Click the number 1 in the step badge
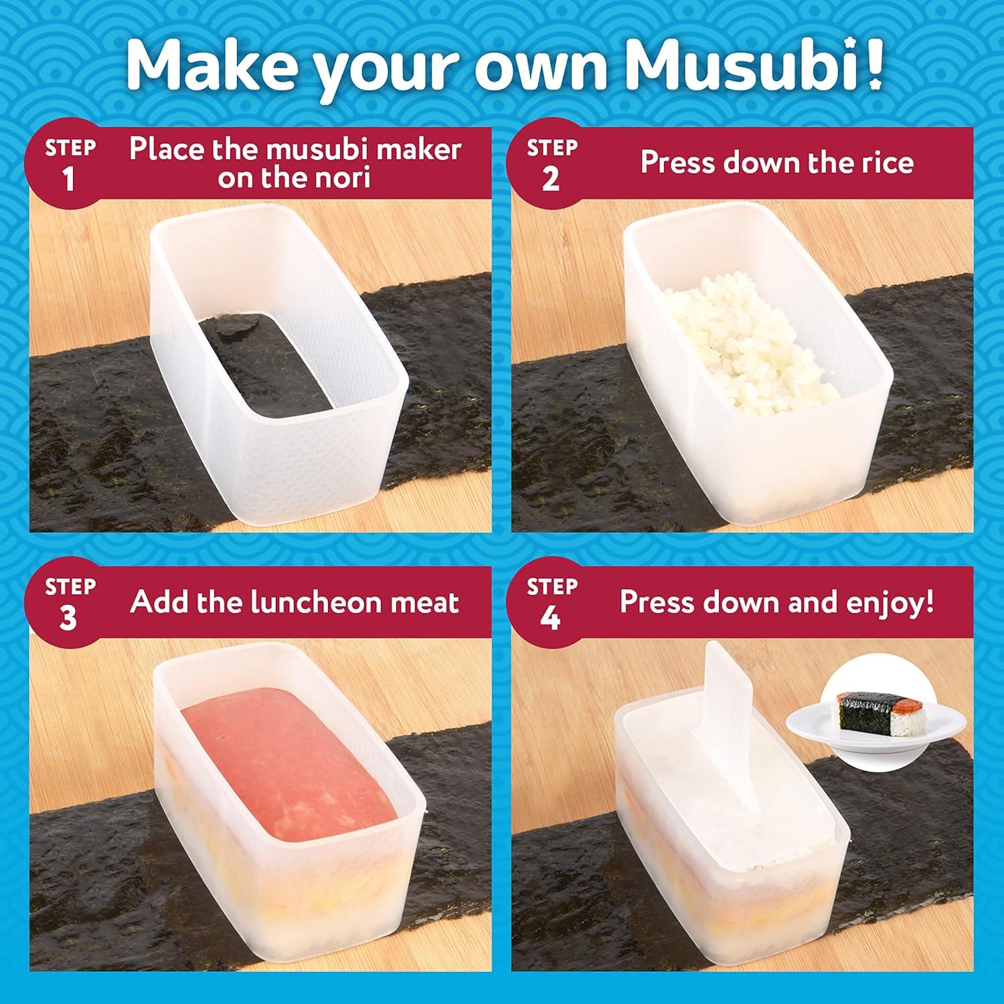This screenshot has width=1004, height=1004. (69, 180)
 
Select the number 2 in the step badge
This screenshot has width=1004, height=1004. (550, 180)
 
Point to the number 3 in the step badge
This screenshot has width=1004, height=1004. (68, 618)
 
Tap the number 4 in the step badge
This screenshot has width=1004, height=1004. (550, 618)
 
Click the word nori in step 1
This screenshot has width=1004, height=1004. (339, 178)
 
